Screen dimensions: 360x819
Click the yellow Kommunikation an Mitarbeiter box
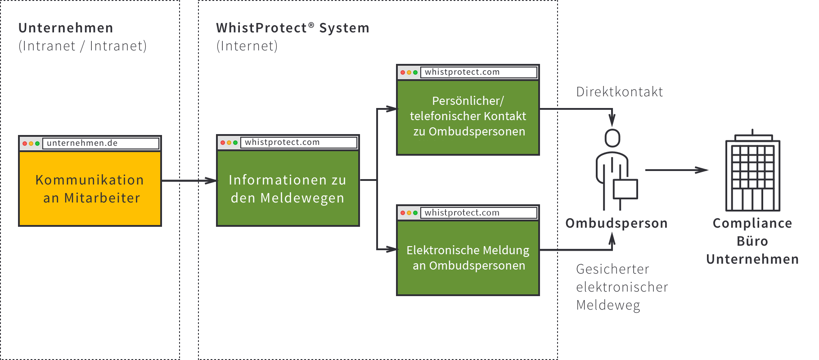tap(90, 189)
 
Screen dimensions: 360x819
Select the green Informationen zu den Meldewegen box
tap(288, 189)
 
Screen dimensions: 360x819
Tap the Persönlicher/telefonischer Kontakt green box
tap(468, 117)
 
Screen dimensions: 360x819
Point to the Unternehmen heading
tap(66, 28)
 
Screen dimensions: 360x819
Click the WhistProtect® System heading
tap(292, 28)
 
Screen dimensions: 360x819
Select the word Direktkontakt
tap(619, 92)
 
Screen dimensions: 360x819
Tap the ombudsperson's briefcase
tap(626, 189)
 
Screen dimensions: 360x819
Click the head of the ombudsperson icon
tap(612, 138)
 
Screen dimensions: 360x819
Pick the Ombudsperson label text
tap(616, 223)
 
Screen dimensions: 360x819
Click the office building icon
tap(752, 173)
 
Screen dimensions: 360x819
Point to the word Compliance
tap(752, 223)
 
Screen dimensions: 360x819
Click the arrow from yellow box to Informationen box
tap(189, 180)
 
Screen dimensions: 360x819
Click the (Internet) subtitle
tap(247, 46)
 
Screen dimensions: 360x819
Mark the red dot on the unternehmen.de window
tap(25, 144)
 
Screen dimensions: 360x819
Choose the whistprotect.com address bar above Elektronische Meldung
tap(478, 212)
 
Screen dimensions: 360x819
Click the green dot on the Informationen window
tap(235, 143)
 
